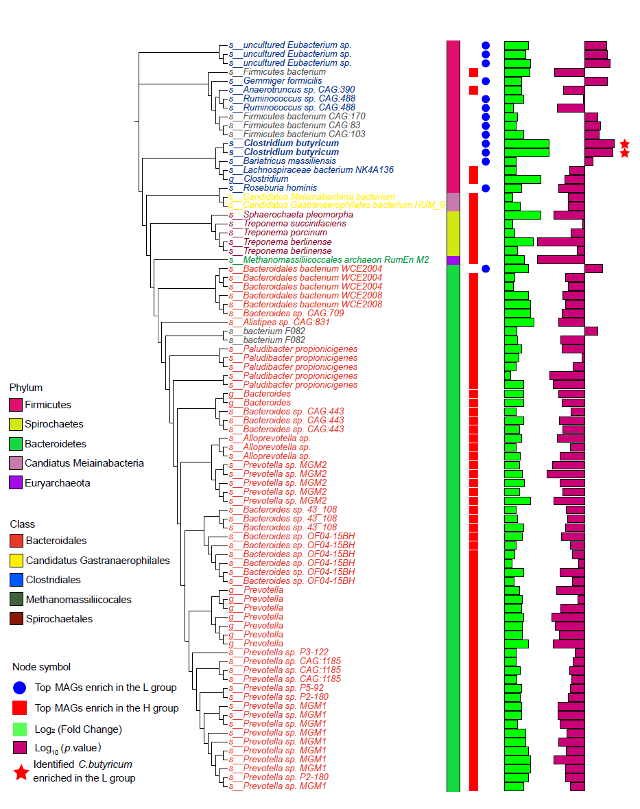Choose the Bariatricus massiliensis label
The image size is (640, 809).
point(283,161)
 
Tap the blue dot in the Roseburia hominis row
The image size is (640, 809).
point(486,188)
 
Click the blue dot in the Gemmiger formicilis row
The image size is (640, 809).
point(486,81)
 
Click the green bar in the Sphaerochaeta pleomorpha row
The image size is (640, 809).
point(522,215)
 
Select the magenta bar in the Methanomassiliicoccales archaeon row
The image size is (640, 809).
point(560,259)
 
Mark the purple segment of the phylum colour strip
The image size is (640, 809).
point(453,260)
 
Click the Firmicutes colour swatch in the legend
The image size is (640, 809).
point(15,405)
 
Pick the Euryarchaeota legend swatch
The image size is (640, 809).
point(15,483)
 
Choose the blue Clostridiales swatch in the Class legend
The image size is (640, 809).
point(16,580)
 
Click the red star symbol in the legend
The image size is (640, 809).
point(21,772)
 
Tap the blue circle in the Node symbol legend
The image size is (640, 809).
point(20,688)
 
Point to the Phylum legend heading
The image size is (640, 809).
point(26,388)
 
